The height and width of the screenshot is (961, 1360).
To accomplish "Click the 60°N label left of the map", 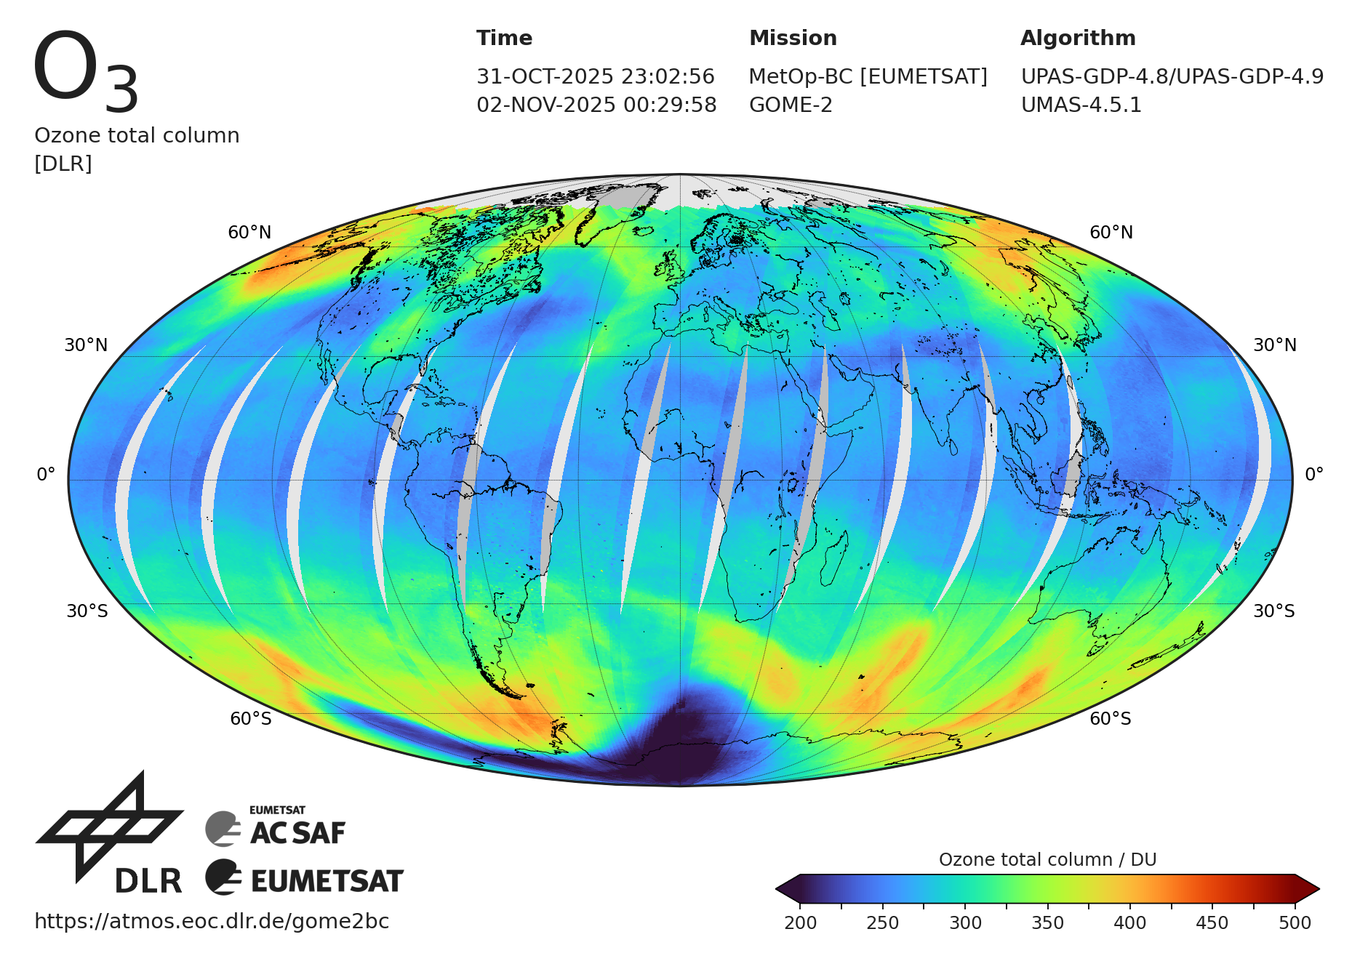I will point(249,233).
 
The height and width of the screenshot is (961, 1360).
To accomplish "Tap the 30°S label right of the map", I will point(1273,611).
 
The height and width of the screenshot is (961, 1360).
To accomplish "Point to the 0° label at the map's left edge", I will point(46,475).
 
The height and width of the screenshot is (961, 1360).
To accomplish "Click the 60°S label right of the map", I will point(1110,719).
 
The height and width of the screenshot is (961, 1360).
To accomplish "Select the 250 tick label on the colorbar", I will point(882,922).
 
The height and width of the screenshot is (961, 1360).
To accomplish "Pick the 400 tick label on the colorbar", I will point(1129,922).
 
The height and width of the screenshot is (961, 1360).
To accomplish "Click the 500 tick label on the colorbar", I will point(1295,922).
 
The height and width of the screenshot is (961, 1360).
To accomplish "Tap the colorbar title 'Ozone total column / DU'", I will point(1047,859).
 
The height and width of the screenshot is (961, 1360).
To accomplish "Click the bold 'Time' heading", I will point(504,38).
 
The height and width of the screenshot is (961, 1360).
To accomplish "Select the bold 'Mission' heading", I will point(793,38).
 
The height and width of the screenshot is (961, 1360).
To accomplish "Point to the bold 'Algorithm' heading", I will point(1078,38).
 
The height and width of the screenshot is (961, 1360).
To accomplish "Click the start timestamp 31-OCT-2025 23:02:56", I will point(596,76).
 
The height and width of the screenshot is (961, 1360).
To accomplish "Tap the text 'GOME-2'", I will point(791,105).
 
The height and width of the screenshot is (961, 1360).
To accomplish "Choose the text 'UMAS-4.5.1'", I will point(1081,105).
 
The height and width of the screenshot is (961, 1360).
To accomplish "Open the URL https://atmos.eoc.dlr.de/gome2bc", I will point(212,921).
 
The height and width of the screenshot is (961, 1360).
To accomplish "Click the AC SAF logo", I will point(276,829).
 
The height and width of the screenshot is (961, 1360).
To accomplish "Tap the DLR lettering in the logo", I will point(148,881).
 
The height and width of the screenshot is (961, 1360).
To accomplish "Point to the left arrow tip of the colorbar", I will point(778,888).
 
